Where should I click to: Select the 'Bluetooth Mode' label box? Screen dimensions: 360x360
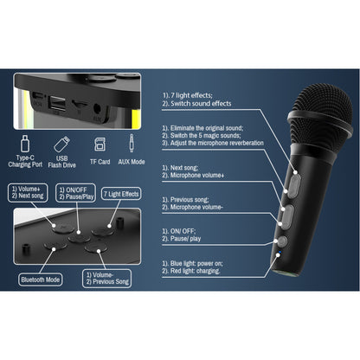[40, 279]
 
